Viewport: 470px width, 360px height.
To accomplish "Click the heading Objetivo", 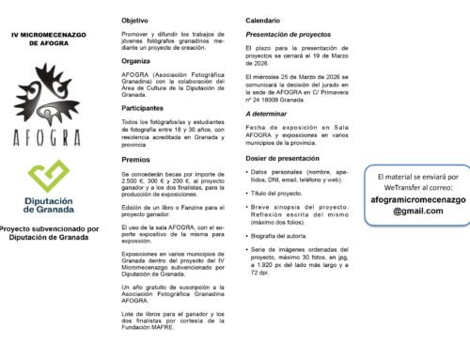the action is pos(135,20).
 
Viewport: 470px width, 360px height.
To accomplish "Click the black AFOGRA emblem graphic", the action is pos(47,91).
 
